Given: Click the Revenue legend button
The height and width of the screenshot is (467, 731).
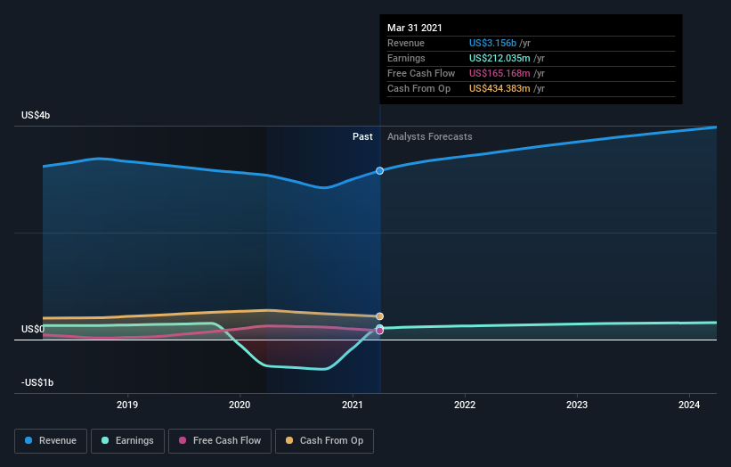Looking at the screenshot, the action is [x=51, y=441].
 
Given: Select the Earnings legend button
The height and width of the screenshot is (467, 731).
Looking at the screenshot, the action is [x=127, y=441].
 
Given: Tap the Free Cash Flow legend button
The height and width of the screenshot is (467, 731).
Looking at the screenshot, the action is [x=220, y=441].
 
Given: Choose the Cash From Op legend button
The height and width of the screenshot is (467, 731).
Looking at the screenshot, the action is [x=324, y=441].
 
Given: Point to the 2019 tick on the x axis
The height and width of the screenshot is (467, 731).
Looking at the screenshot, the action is [x=127, y=405].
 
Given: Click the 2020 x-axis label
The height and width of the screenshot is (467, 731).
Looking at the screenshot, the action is [x=240, y=405].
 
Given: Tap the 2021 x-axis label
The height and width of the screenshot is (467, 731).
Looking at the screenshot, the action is [x=353, y=405].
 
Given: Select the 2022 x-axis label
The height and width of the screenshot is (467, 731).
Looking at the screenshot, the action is [x=465, y=405].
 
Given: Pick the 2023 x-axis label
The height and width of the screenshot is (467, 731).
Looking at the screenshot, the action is [x=577, y=405].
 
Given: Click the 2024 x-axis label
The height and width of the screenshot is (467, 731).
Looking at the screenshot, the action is [x=689, y=405].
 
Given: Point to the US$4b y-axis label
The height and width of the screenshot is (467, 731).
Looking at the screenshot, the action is [x=36, y=115].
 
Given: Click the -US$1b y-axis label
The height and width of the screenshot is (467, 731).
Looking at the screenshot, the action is [x=37, y=382].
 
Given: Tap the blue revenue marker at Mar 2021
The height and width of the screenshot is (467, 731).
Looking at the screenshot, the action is [x=380, y=171].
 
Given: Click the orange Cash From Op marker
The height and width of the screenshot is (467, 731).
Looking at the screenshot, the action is [x=380, y=316].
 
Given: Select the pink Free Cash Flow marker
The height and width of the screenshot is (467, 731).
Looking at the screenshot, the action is [x=380, y=331].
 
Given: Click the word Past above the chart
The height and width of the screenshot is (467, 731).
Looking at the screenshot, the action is [x=362, y=136].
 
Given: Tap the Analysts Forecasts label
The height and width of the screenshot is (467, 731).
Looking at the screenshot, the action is [x=430, y=136].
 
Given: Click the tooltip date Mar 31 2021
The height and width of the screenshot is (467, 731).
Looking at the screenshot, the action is [x=414, y=28].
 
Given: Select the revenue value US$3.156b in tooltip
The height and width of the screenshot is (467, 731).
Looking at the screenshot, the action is [x=492, y=43].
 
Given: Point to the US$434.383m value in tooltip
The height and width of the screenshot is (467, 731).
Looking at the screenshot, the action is [x=500, y=88].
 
